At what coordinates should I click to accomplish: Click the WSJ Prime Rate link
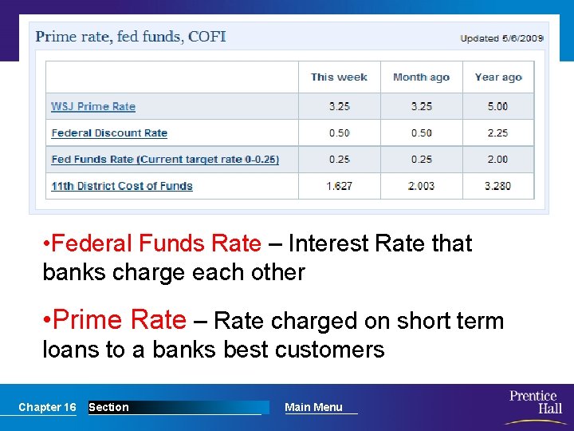point(93,106)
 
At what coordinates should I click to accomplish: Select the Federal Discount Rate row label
point(109,132)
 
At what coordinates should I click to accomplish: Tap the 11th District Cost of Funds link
point(122,186)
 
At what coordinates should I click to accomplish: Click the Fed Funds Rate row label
point(165,160)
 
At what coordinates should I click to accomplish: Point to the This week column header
point(339,77)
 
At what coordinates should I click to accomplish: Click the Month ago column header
point(421,77)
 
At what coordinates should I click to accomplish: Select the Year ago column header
point(498,77)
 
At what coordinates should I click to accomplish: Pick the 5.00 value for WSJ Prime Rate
point(497,106)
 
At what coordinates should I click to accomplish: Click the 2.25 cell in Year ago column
point(497,132)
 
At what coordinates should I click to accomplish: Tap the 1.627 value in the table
point(339,186)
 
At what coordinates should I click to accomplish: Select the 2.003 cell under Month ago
point(421,186)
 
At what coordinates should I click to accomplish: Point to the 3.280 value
point(497,186)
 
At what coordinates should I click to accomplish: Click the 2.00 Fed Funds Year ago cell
point(497,160)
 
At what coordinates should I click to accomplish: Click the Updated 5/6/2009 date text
point(502,38)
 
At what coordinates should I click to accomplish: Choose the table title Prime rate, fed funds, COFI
point(131,37)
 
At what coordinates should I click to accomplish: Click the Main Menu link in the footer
point(313,407)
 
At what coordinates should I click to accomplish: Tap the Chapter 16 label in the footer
point(47,407)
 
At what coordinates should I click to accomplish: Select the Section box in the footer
point(108,407)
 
